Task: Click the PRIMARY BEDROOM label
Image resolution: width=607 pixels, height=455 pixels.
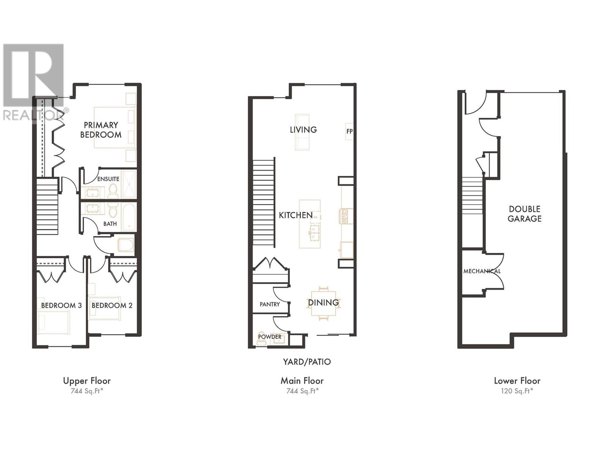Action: [x=101, y=130]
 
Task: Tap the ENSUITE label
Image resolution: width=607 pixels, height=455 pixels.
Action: [x=108, y=179]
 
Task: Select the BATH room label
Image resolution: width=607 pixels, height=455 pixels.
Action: [x=110, y=224]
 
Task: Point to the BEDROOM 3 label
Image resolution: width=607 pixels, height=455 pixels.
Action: [x=61, y=305]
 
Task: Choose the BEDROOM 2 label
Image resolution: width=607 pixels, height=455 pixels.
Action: [x=112, y=305]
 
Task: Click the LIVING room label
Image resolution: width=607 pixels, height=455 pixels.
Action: [x=303, y=130]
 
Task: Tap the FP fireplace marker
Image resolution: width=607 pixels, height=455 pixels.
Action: [x=349, y=132]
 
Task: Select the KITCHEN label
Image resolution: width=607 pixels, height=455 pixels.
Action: [x=296, y=215]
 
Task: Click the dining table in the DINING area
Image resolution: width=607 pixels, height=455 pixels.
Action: [x=323, y=303]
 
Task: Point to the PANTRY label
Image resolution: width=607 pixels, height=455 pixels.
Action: [x=270, y=304]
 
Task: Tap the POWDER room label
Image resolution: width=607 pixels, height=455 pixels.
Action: [x=270, y=337]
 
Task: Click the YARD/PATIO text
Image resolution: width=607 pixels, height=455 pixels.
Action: [x=307, y=362]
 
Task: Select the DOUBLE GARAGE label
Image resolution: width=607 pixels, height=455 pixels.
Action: [x=525, y=214]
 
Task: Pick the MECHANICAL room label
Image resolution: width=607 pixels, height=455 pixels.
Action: [x=482, y=271]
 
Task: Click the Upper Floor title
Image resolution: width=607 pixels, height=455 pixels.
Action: [x=87, y=381]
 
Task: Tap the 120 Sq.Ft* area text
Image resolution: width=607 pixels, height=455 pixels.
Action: [x=517, y=391]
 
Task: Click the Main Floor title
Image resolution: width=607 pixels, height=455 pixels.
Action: [x=302, y=381]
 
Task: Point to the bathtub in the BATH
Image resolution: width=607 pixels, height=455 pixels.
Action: [x=129, y=217]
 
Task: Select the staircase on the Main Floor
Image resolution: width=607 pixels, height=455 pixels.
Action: [x=264, y=203]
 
